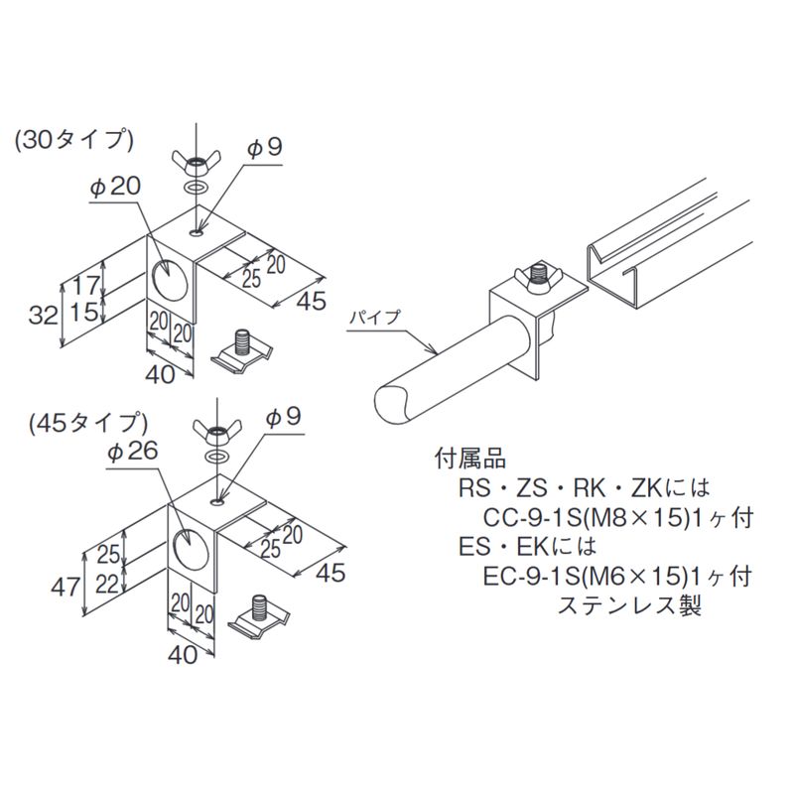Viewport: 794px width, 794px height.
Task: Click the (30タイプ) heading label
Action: click(73, 140)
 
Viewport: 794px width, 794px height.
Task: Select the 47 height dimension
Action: click(66, 587)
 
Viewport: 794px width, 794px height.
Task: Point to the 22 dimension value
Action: click(108, 583)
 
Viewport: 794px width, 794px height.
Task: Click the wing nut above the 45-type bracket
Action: click(216, 430)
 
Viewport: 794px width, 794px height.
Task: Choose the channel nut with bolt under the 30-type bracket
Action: click(242, 353)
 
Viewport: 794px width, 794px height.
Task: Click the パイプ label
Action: click(374, 319)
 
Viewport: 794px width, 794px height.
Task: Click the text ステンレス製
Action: click(630, 605)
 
